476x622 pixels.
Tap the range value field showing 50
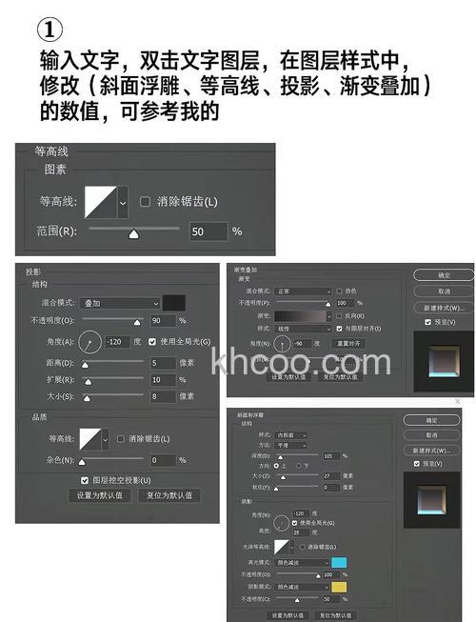click(x=208, y=231)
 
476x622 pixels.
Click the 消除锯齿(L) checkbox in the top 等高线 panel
click(x=146, y=201)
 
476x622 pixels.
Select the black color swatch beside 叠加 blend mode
click(x=173, y=303)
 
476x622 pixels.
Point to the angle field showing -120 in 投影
click(x=121, y=341)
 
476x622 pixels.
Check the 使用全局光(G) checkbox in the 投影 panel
click(x=154, y=341)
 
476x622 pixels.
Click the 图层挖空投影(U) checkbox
click(x=86, y=479)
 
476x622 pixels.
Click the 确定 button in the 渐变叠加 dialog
click(x=444, y=274)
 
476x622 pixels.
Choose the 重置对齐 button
click(x=349, y=343)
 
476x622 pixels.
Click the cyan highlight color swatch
click(x=338, y=562)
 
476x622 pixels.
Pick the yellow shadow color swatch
click(x=338, y=587)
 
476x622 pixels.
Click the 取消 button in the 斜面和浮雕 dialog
click(x=431, y=434)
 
